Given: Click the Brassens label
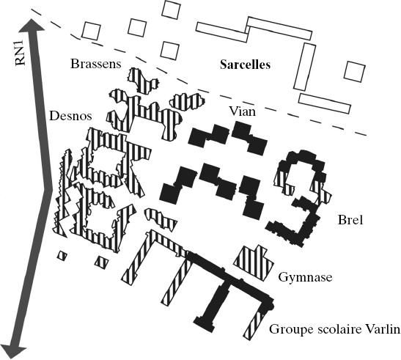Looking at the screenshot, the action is coord(95,64).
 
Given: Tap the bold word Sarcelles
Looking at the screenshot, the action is coord(246,65).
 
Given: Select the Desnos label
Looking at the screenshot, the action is coord(70,116).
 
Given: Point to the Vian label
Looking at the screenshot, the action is coord(242,111).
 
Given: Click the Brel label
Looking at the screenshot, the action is coord(350,220).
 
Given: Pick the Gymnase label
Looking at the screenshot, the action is coord(306,277).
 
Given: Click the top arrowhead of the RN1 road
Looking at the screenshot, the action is coord(32,25).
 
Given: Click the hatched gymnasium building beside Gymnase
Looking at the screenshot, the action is coord(254,262).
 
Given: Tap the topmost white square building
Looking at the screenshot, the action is coord(172,10).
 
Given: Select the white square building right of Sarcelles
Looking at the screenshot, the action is coord(355,72).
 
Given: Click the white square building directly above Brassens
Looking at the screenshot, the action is coord(91,31).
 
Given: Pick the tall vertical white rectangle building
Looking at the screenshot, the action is coord(304,67).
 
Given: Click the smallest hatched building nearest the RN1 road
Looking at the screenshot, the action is coord(62,255).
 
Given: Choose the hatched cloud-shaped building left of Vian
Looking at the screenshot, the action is coord(187,101).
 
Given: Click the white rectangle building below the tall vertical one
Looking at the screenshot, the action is coord(325,103).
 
